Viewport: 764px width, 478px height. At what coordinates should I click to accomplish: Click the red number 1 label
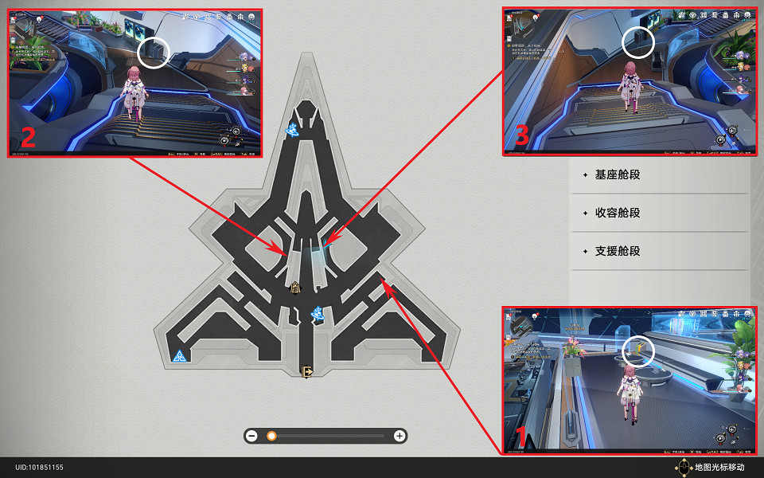[521, 437]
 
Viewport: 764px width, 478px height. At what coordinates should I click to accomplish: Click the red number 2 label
[27, 136]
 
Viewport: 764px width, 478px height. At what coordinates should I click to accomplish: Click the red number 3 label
[521, 135]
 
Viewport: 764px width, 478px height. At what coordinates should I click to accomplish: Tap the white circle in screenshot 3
[638, 41]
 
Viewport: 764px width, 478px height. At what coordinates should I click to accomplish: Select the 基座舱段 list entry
[617, 174]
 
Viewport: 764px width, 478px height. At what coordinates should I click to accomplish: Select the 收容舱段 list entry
[617, 213]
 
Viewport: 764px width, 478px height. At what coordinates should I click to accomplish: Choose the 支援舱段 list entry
[617, 251]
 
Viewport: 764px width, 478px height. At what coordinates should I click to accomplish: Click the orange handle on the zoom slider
[271, 436]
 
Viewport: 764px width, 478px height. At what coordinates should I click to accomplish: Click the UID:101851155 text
[39, 467]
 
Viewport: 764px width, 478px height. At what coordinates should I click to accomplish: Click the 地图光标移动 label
[719, 467]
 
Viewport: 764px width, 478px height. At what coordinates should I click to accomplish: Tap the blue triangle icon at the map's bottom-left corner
[179, 356]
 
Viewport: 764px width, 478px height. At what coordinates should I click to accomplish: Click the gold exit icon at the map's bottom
[306, 370]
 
